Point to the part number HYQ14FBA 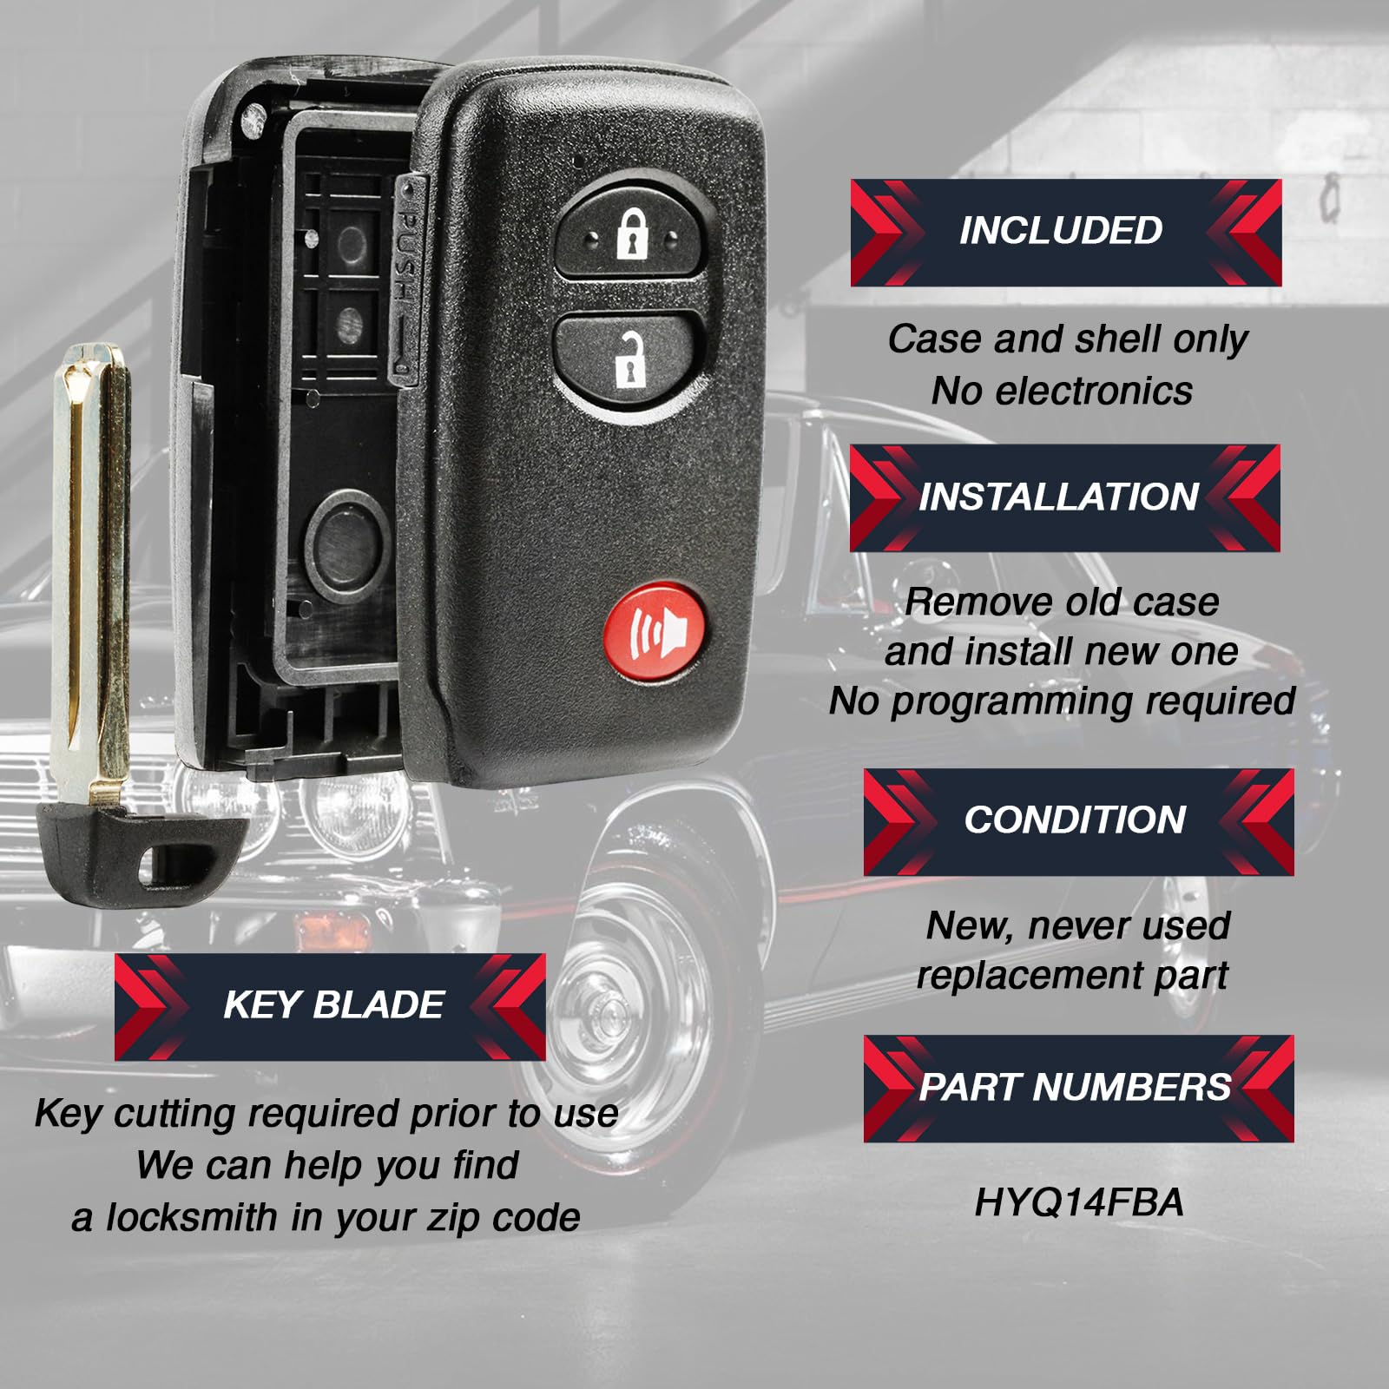pyautogui.click(x=1078, y=1203)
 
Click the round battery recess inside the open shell pyautogui.click(x=347, y=542)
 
